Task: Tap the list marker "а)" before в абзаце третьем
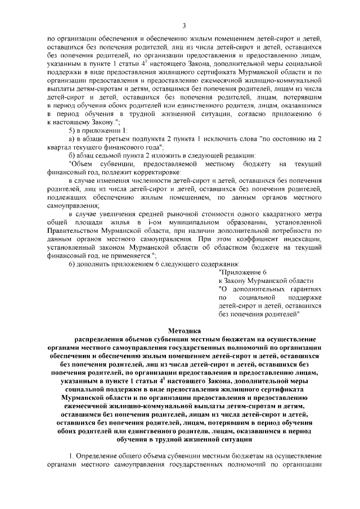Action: (x=72, y=139)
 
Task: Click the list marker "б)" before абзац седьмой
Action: (x=72, y=155)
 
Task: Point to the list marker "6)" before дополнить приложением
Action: (x=73, y=263)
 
